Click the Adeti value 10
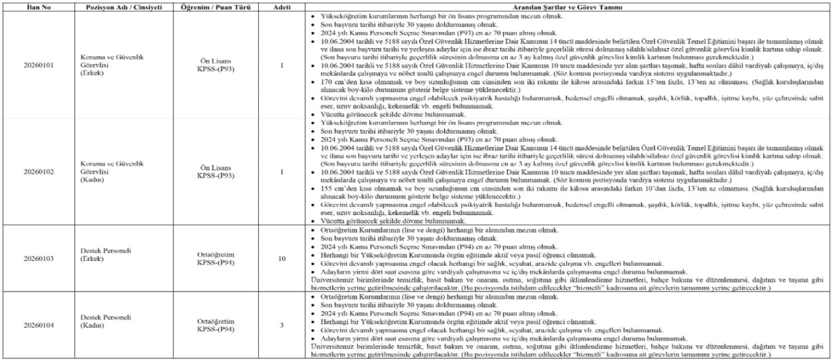click(x=282, y=259)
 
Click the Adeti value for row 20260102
click(x=282, y=171)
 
